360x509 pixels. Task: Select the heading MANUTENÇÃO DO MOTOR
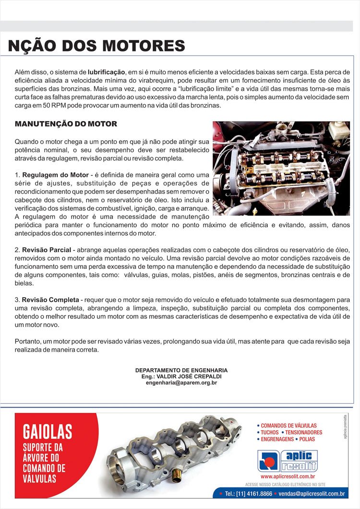coord(66,124)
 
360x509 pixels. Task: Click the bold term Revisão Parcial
coord(47,250)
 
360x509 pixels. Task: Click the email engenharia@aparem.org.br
coord(181,383)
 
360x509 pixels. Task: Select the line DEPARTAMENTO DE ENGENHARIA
coord(181,371)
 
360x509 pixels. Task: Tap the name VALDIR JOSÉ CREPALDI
coord(191,377)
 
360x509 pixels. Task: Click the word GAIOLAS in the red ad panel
coord(48,431)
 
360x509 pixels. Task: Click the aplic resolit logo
coord(288,461)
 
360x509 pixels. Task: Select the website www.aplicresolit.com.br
coord(288,477)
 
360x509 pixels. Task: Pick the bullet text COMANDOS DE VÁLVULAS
coord(288,425)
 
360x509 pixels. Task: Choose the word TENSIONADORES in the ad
coord(304,432)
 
